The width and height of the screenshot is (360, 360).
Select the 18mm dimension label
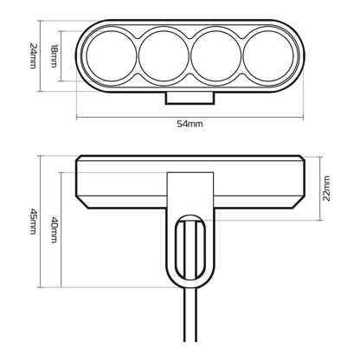54,58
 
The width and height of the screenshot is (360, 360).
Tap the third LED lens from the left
214,58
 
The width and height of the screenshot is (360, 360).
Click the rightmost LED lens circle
264,58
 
